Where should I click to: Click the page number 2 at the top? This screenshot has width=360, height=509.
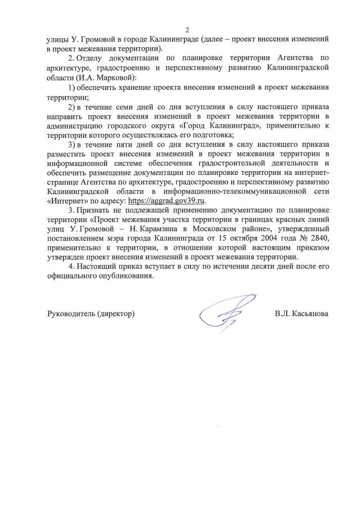tap(187, 29)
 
